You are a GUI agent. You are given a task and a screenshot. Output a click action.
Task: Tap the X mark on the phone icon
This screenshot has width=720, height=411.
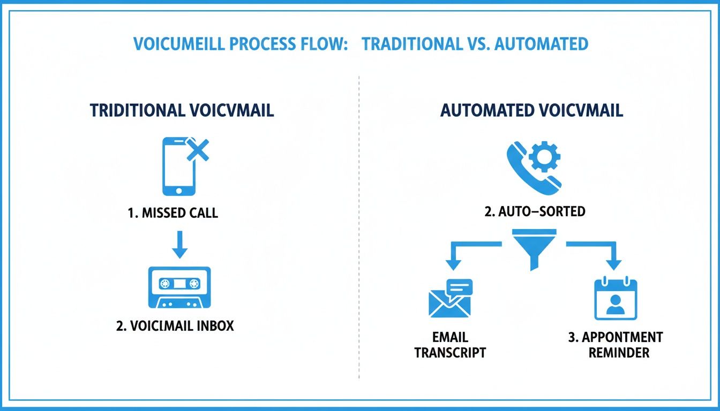coord(197,150)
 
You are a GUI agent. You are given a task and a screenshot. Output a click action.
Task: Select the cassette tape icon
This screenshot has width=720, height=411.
coord(179,287)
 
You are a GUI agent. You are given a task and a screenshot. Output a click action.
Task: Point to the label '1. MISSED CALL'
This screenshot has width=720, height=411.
coord(173,213)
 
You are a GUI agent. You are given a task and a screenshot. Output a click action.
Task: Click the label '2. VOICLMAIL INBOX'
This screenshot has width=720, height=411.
coord(175,325)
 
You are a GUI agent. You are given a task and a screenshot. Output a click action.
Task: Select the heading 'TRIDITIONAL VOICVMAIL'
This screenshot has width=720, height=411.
coord(182,110)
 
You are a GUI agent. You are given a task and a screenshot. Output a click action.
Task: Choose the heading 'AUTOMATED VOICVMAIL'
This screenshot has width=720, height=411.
coord(531,110)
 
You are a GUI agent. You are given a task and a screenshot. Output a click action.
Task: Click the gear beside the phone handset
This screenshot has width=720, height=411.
coord(544,157)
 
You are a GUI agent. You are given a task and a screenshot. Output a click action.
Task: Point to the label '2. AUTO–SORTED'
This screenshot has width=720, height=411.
coord(535,211)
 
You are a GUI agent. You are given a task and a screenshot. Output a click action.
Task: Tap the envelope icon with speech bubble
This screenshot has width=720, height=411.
coord(451,299)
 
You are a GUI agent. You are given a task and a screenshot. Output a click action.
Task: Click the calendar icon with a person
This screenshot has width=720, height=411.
coord(615,300)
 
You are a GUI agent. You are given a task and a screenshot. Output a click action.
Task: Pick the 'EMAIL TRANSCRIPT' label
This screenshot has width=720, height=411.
coord(450,345)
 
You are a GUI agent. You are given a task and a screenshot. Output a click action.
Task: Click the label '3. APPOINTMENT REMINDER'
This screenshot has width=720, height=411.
coord(615,345)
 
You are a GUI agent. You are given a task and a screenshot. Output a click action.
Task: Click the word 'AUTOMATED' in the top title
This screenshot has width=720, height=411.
coord(541,44)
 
